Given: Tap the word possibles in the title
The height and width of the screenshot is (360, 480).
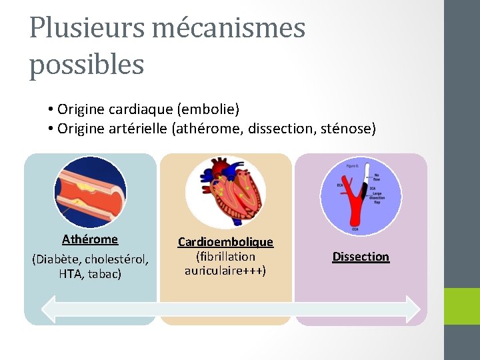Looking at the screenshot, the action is (87, 65).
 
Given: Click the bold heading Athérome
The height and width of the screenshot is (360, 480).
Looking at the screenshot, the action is (90, 239).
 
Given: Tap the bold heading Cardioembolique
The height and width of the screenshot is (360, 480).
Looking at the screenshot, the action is (225, 242).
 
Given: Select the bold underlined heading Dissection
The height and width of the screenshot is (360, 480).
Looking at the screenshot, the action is (361, 257).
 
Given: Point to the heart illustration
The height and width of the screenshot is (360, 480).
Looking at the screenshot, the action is (225, 192).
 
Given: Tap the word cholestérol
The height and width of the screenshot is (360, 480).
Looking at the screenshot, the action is (117, 259).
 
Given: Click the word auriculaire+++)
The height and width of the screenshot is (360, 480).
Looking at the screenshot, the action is (225, 271).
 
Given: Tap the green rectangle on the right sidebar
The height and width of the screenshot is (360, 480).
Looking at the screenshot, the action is (462, 307).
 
